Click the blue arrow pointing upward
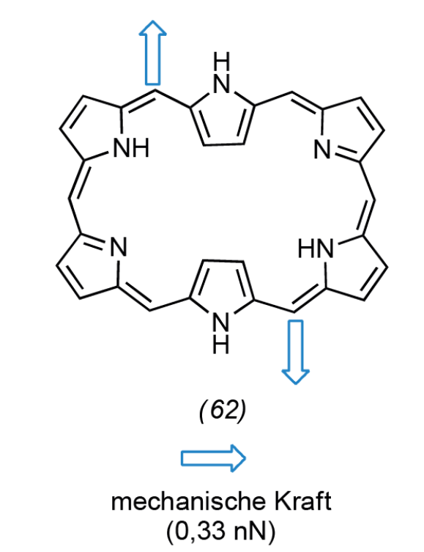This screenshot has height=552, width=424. [152, 53]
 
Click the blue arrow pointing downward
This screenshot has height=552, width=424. [295, 352]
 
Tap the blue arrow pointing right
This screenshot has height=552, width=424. [213, 458]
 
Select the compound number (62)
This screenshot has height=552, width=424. [223, 411]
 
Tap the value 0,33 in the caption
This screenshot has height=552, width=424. [199, 530]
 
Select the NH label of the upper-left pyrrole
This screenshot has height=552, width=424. [132, 148]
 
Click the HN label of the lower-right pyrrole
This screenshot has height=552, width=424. [315, 249]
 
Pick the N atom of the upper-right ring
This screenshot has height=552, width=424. [322, 150]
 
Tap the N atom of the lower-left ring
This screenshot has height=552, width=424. [119, 246]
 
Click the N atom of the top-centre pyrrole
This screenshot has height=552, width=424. [221, 84]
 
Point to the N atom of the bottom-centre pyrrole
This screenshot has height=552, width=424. [221, 322]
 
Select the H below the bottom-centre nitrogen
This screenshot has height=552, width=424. [221, 345]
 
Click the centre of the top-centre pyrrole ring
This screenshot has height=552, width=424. [221, 118]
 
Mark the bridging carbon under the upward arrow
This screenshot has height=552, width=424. [155, 91]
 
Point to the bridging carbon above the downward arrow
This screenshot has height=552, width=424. [294, 312]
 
